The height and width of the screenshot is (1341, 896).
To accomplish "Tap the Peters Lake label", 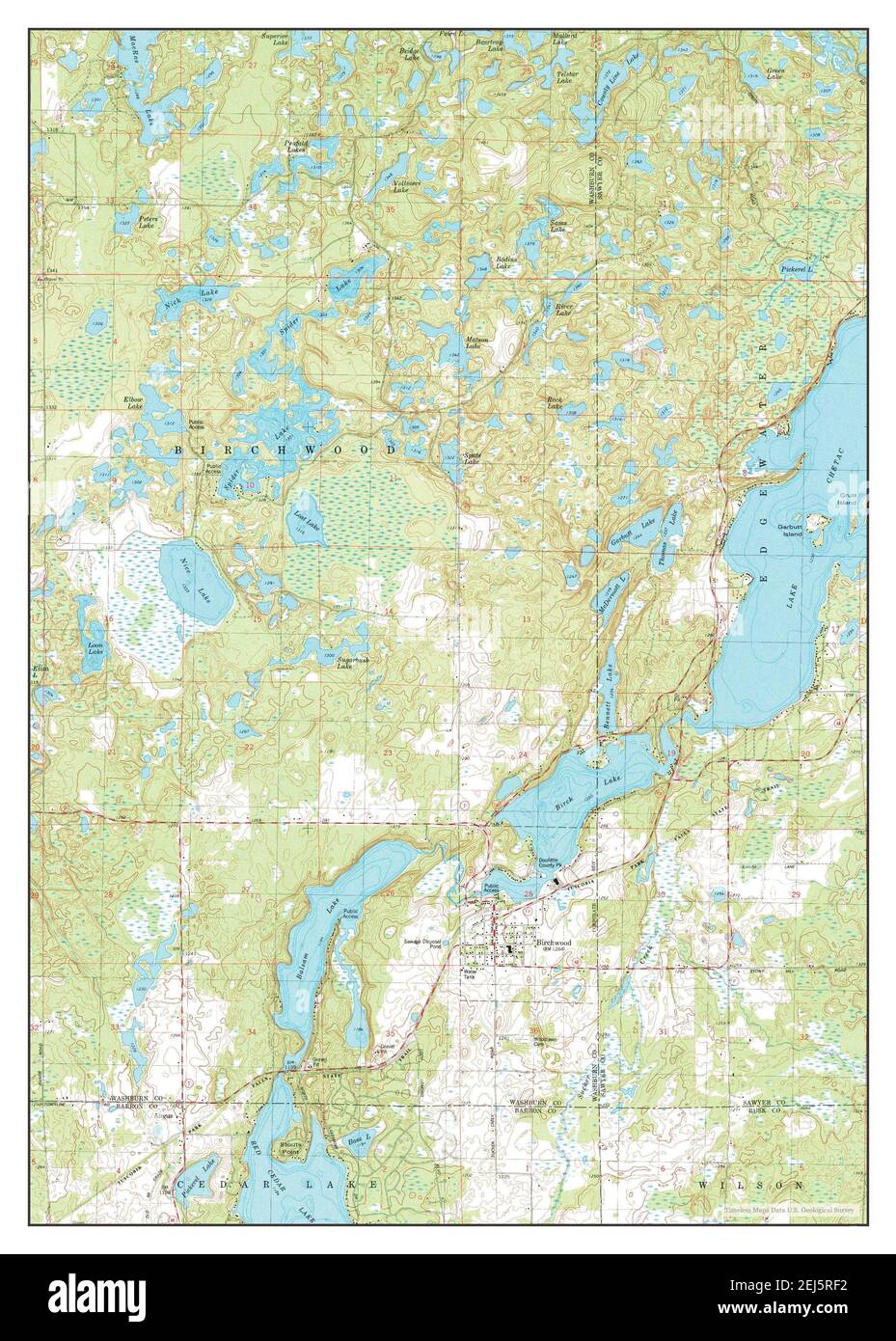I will [147, 221].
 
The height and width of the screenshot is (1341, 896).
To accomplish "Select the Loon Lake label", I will [95, 648].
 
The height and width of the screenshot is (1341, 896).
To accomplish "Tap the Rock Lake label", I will [555, 403].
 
